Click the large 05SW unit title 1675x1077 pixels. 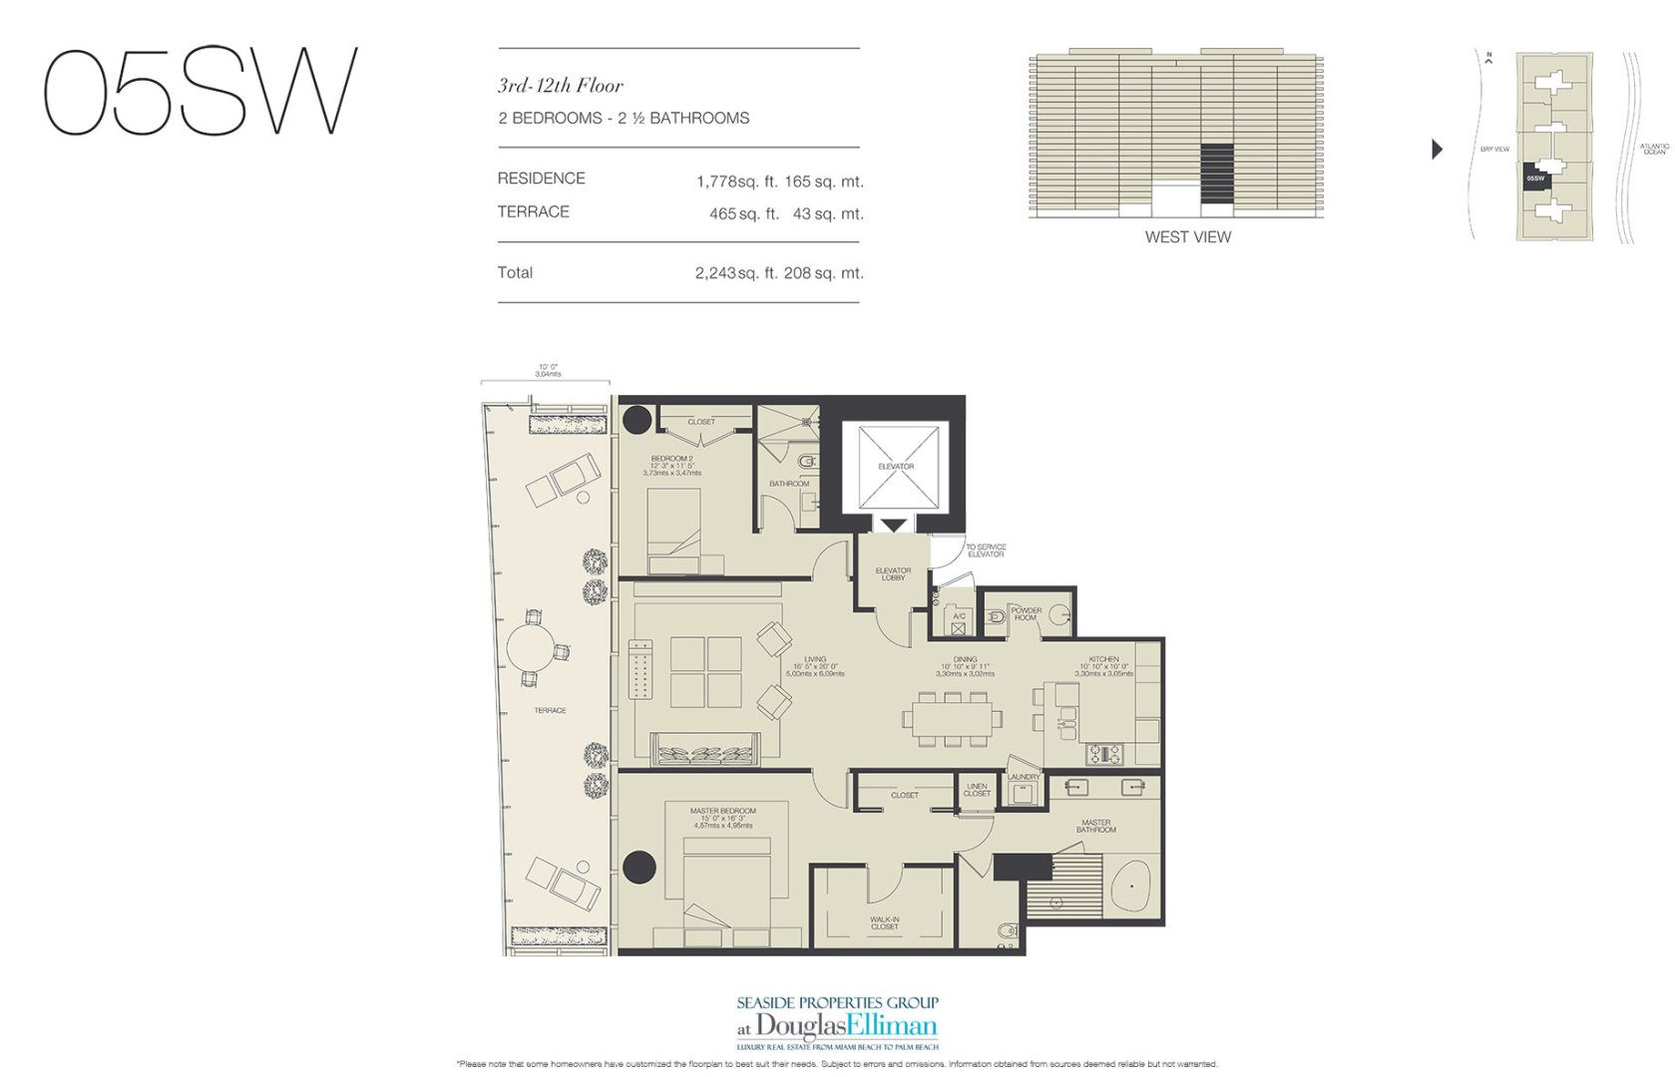[x=200, y=92]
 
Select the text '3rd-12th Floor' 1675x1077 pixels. [x=560, y=86]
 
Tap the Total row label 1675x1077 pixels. [x=515, y=272]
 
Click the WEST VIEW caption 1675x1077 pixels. [x=1187, y=237]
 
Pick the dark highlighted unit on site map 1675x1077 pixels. [x=1535, y=177]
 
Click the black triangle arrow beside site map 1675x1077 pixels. [x=1437, y=150]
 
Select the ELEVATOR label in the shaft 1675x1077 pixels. [x=895, y=467]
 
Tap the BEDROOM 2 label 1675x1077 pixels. [x=671, y=459]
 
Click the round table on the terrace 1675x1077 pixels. [x=535, y=649]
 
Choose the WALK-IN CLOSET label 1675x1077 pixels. [x=884, y=923]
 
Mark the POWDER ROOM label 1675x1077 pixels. [x=1026, y=613]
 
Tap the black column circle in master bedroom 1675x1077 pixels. [x=639, y=867]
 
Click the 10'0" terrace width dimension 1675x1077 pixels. [x=547, y=370]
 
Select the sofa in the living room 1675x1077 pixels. [x=703, y=750]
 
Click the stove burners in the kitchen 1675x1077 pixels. [x=1104, y=754]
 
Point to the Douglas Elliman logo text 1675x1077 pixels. [x=846, y=1026]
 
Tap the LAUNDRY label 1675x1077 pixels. [x=1024, y=777]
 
